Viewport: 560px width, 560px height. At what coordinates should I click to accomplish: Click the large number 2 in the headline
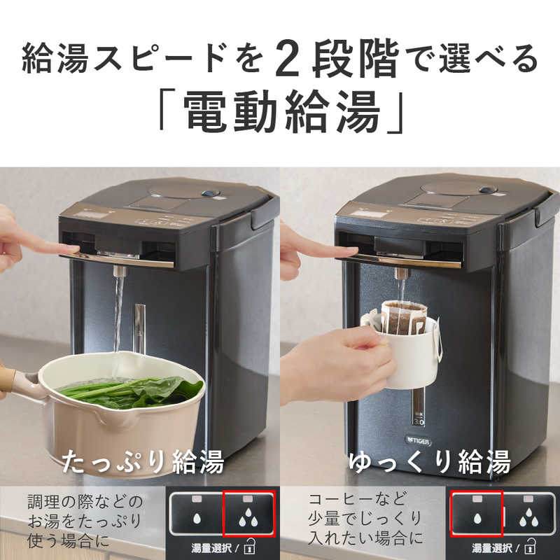(288, 58)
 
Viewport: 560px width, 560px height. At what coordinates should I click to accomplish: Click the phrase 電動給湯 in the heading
(281, 111)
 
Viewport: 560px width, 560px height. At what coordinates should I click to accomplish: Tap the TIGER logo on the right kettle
(419, 442)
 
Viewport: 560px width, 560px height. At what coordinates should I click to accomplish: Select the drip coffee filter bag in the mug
(403, 318)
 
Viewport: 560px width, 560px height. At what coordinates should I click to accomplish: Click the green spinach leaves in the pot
(133, 391)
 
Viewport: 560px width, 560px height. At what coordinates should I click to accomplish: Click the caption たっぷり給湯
(143, 461)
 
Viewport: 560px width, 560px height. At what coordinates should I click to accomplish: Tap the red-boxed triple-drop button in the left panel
(249, 514)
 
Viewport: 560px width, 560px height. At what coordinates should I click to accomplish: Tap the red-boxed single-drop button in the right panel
(477, 514)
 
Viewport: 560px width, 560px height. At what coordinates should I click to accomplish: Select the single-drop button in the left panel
(197, 514)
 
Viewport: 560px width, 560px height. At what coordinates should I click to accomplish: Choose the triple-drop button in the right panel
(529, 514)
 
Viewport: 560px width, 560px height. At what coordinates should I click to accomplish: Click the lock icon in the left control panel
(250, 547)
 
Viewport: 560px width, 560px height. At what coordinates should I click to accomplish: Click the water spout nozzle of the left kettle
(120, 271)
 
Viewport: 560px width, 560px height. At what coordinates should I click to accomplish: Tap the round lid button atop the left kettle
(211, 193)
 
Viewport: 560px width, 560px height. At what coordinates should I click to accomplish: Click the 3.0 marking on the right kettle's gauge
(419, 422)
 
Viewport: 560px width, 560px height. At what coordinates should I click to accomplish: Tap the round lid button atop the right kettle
(488, 190)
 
